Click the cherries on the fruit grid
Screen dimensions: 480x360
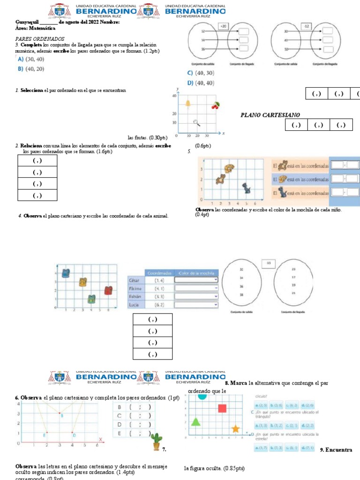click(215, 105)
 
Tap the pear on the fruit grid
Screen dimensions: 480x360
click(188, 104)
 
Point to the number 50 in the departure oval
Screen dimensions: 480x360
click(286, 49)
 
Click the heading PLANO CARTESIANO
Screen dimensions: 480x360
click(270, 115)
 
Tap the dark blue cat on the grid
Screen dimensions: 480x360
click(246, 188)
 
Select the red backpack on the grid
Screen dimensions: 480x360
click(108, 291)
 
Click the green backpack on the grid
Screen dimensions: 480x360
click(91, 299)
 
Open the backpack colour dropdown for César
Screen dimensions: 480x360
click(196, 280)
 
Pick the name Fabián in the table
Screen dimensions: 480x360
click(135, 297)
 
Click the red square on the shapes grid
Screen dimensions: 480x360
click(222, 408)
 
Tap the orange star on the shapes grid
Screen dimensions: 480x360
click(235, 428)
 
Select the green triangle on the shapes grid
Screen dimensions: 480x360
click(195, 421)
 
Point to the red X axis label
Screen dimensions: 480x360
click(100, 439)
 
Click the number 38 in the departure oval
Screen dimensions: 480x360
click(241, 295)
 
